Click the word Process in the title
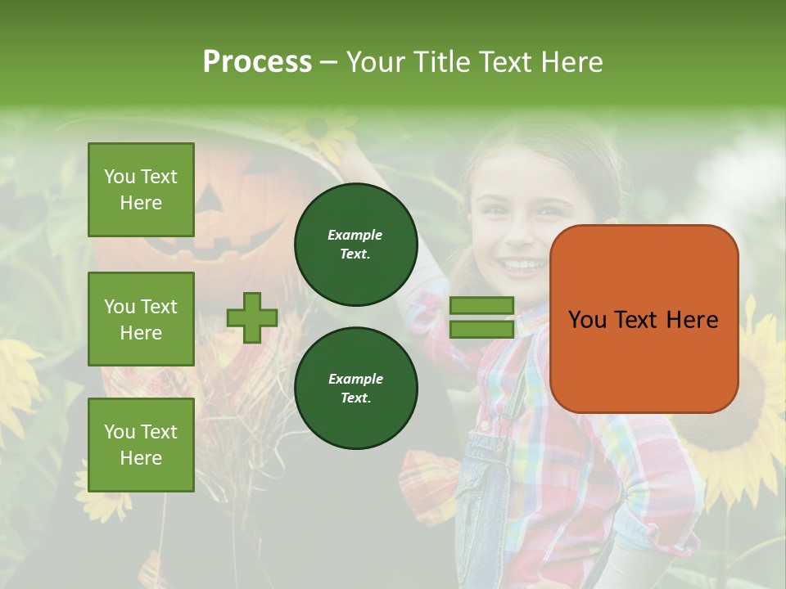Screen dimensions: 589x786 click(257, 61)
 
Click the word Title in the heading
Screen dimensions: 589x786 click(438, 61)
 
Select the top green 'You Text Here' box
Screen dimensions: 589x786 click(141, 190)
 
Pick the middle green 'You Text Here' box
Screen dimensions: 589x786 click(141, 319)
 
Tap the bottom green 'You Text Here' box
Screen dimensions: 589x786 click(141, 445)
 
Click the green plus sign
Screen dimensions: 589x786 click(252, 317)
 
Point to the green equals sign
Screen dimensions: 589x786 click(481, 317)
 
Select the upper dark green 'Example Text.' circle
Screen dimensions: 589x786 click(355, 244)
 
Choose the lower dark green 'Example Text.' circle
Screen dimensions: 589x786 click(355, 388)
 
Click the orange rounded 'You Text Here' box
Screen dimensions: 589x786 click(644, 319)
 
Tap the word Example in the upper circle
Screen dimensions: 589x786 click(355, 235)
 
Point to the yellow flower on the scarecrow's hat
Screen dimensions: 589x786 click(318, 129)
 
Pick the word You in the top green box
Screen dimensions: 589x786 click(120, 177)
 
